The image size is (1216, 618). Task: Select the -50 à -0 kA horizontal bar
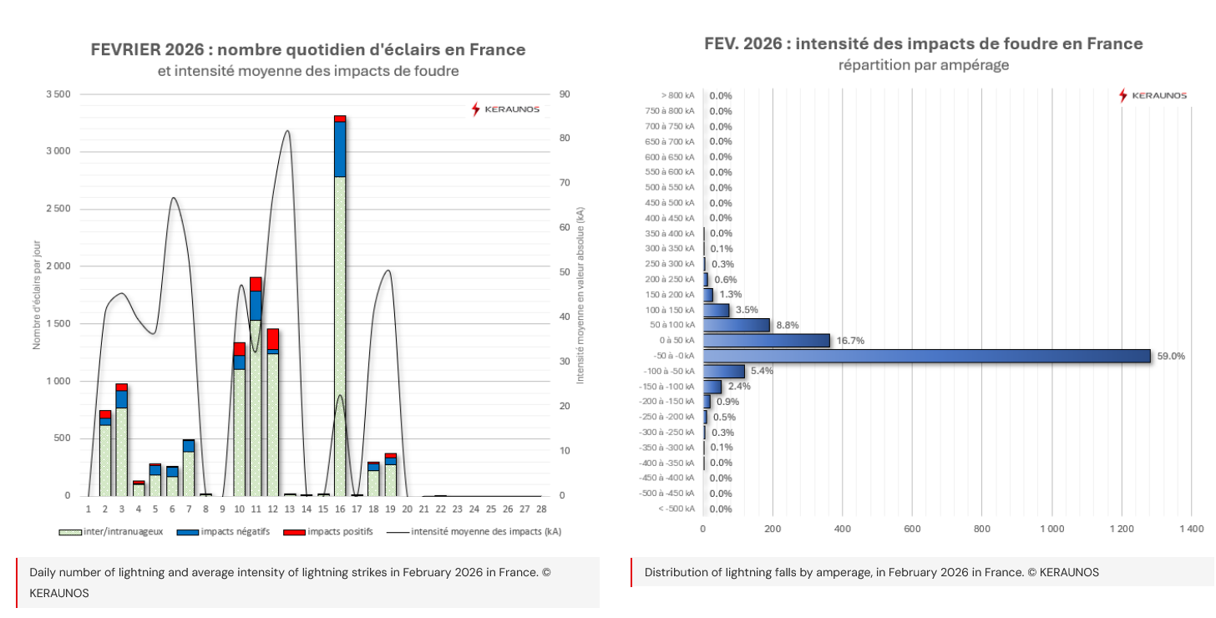tap(926, 356)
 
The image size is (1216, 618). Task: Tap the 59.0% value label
tap(1170, 357)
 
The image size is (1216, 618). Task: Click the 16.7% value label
tap(849, 341)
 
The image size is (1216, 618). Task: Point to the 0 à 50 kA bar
tap(767, 341)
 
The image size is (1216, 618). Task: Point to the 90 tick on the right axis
tap(565, 94)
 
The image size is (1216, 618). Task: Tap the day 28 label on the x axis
tap(541, 509)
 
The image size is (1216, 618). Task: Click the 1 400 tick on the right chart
tap(1191, 529)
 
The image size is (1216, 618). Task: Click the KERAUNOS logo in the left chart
tap(505, 109)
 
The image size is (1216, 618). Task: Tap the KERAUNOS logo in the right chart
tap(1153, 95)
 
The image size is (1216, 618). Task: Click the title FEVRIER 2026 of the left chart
tap(308, 50)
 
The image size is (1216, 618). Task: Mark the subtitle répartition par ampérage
tap(924, 65)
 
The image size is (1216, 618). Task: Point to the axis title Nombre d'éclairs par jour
tap(37, 292)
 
